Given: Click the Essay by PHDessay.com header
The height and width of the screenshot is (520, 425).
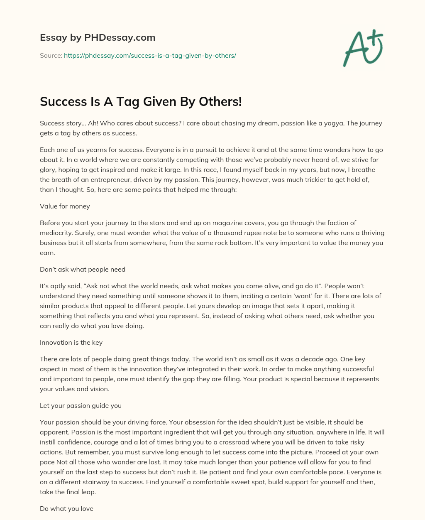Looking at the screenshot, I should (98, 37).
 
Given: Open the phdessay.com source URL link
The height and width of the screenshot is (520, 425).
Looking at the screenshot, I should (150, 55).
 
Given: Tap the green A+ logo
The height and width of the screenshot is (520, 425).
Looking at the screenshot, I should (363, 48).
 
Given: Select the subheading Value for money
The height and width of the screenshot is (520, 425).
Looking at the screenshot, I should (65, 206).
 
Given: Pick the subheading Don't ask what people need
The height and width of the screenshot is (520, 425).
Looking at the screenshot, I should (83, 269).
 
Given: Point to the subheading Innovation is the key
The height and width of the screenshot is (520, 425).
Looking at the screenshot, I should (71, 342).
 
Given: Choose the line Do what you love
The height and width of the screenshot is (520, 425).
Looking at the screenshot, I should (66, 508).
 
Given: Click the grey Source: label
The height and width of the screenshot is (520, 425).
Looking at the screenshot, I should (51, 55).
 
